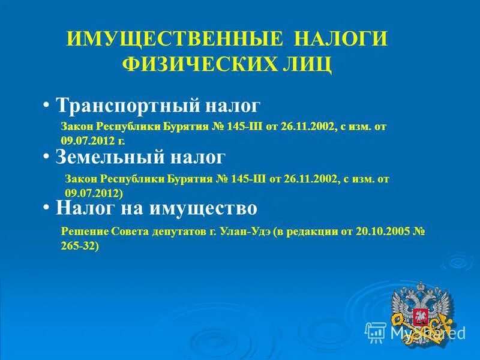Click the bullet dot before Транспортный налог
click(46, 106)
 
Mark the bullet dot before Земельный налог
click(46, 157)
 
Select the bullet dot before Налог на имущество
click(46, 208)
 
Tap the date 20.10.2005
click(376, 233)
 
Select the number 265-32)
click(80, 245)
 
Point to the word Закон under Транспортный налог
click(77, 127)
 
